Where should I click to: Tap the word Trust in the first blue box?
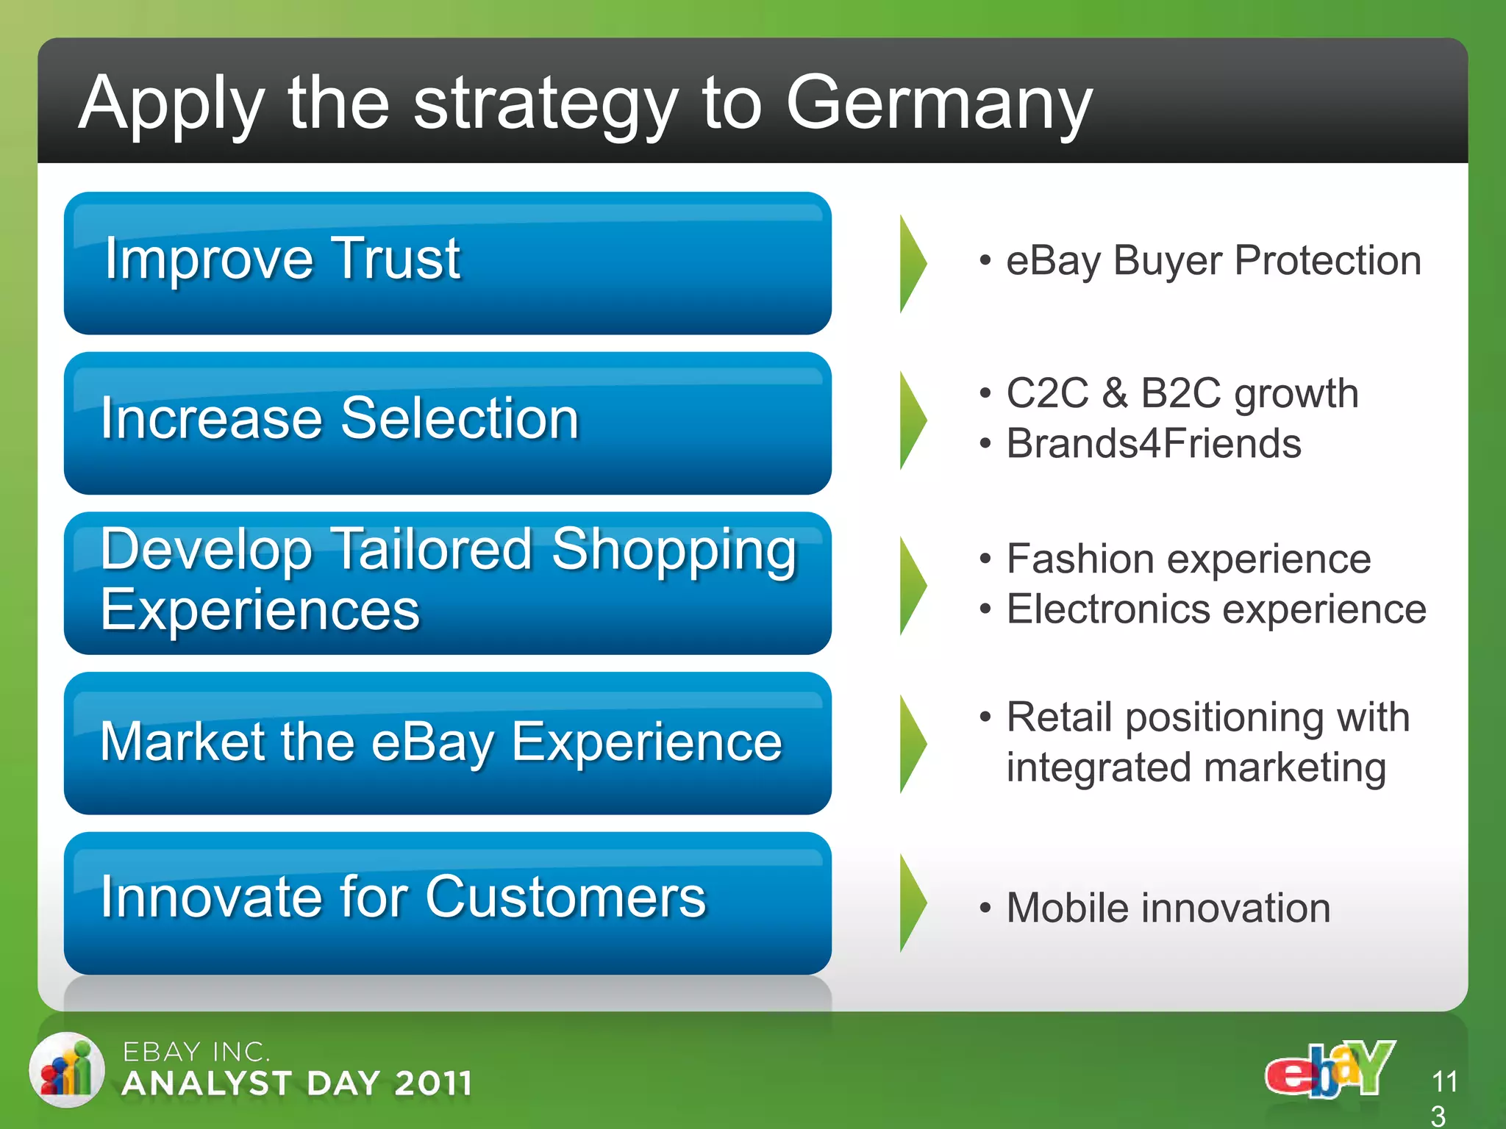click(x=396, y=259)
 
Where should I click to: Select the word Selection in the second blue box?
click(x=460, y=418)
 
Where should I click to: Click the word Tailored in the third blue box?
click(x=432, y=549)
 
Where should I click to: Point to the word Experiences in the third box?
click(x=260, y=610)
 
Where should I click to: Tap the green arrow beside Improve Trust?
click(x=913, y=264)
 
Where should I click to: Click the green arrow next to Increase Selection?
click(x=913, y=420)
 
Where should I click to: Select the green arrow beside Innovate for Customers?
click(x=913, y=903)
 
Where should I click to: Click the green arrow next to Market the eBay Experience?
click(x=913, y=744)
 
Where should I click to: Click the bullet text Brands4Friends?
click(x=1153, y=444)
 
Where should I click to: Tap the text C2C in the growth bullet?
click(x=1047, y=393)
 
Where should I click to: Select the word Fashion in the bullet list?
click(x=1079, y=559)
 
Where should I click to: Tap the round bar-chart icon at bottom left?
click(x=67, y=1070)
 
